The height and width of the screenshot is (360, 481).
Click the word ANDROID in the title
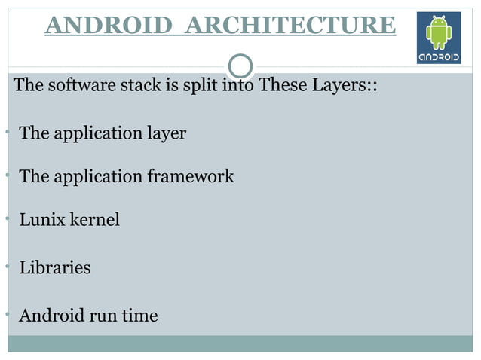pos(109,25)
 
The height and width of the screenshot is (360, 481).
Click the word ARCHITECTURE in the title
pos(290,25)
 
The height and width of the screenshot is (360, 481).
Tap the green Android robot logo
pos(439,32)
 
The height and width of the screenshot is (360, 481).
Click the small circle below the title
pos(240,66)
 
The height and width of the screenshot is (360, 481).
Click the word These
pos(280,84)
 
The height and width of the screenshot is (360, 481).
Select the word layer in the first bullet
pos(167,133)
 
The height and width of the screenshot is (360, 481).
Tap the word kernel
pos(94,220)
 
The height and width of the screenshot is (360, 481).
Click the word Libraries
pos(54,267)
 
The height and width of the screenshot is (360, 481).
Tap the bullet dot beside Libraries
pos(5,266)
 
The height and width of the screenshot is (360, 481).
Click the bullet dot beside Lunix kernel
pos(5,218)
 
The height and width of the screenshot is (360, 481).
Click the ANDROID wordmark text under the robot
pos(439,56)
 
